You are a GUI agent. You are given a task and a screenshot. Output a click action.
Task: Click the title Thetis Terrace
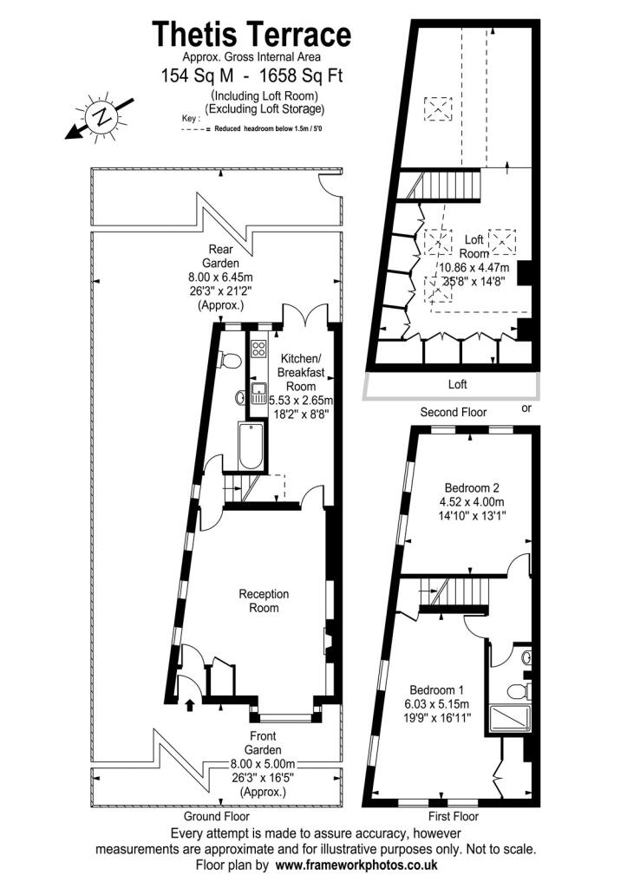tap(252, 35)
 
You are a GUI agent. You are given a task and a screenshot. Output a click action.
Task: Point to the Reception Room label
tap(264, 601)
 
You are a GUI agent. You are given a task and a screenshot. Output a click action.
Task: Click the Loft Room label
tap(473, 246)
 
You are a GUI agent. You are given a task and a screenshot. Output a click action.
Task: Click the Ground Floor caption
tap(216, 817)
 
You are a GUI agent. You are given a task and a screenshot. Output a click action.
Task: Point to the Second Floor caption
tap(454, 412)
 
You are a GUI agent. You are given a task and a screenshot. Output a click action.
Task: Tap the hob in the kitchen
tap(258, 349)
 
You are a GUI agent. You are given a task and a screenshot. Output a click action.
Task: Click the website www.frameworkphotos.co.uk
tap(356, 865)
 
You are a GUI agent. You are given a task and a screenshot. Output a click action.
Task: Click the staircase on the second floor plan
tap(450, 185)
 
